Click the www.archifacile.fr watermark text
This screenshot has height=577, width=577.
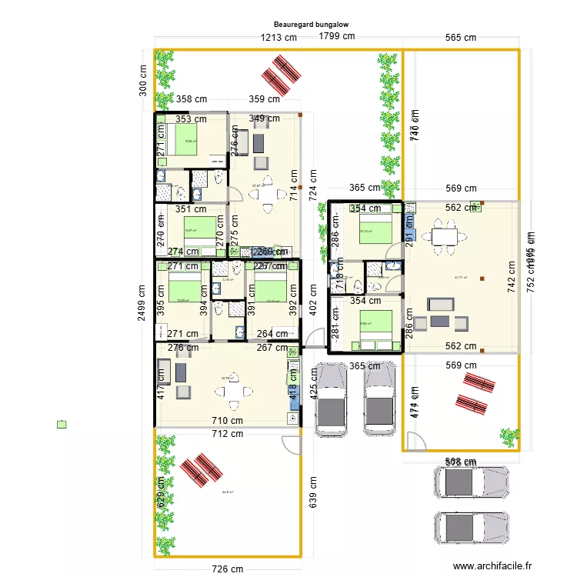tap(492, 565)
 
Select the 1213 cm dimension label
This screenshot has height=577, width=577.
tap(278, 37)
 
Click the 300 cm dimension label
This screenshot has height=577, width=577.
tap(142, 79)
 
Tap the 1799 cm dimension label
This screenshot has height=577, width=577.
tap(337, 35)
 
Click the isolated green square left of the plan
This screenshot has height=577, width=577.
tap(62, 424)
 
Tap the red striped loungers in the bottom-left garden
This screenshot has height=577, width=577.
tap(197, 469)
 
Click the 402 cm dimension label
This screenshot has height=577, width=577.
tap(313, 298)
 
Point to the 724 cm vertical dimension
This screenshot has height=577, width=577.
tap(313, 185)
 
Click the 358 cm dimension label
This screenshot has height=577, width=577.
tap(191, 98)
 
